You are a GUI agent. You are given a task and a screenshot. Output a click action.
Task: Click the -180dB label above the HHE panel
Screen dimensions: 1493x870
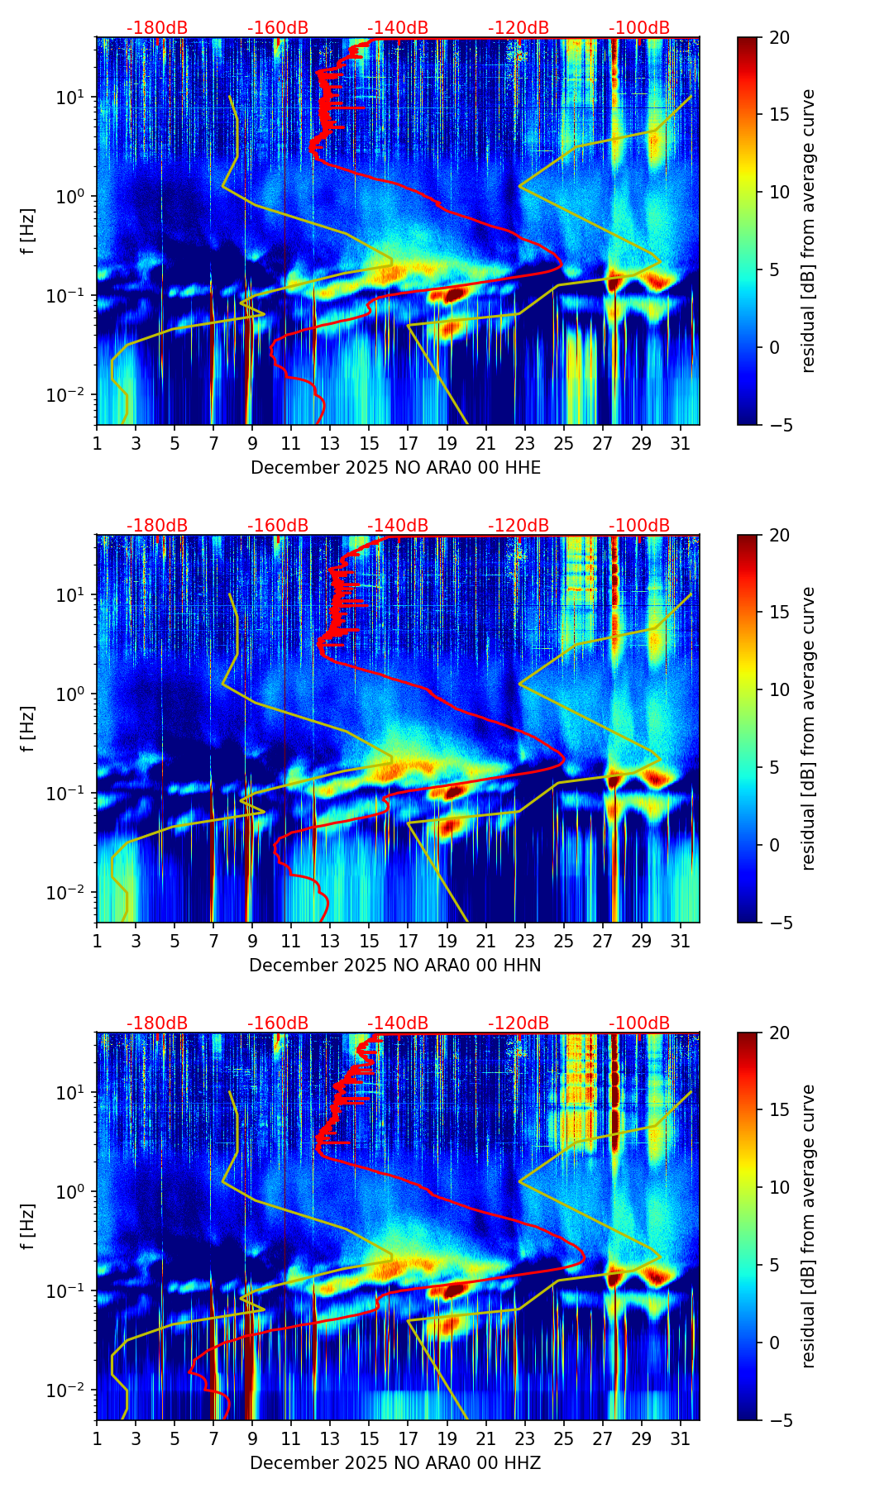(157, 28)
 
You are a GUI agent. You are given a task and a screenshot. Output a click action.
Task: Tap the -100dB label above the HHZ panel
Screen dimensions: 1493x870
(639, 1023)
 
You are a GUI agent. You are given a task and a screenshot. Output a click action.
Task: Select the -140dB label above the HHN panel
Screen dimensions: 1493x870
(398, 526)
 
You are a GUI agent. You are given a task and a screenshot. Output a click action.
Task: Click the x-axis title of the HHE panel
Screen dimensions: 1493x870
(395, 468)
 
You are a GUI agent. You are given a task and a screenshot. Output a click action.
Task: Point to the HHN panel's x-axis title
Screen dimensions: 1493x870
(395, 966)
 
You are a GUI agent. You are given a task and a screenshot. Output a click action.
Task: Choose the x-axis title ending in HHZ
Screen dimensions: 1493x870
(395, 1463)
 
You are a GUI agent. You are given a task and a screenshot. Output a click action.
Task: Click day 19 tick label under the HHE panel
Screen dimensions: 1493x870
(447, 444)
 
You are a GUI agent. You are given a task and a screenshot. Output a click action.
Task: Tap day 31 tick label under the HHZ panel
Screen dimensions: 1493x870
(681, 1439)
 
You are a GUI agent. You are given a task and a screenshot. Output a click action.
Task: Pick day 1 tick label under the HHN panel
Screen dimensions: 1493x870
(97, 942)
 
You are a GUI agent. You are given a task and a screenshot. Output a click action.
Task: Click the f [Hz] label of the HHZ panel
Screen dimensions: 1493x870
(29, 1226)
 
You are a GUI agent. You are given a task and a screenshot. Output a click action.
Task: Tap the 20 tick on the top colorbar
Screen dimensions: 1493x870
(779, 37)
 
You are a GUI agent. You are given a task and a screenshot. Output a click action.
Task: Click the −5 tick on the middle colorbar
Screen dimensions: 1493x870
(779, 922)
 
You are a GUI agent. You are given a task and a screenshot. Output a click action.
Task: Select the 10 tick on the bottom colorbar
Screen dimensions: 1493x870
(779, 1188)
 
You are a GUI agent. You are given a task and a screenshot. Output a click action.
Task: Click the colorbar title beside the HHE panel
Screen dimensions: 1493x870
(808, 231)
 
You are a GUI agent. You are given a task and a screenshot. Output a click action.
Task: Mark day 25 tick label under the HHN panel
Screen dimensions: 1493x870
(563, 942)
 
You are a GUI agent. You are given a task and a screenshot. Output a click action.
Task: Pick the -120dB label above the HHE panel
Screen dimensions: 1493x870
(519, 28)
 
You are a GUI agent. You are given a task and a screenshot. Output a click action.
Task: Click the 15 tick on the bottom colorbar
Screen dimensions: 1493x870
(779, 1110)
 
